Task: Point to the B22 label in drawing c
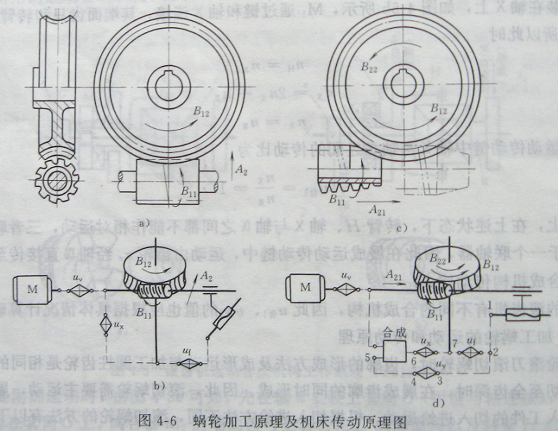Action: (x=369, y=66)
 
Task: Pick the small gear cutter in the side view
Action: (x=56, y=182)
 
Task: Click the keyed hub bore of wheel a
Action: (x=169, y=87)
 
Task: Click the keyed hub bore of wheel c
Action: (x=403, y=85)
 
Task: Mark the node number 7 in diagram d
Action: (x=455, y=344)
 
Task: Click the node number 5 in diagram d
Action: (x=367, y=357)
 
